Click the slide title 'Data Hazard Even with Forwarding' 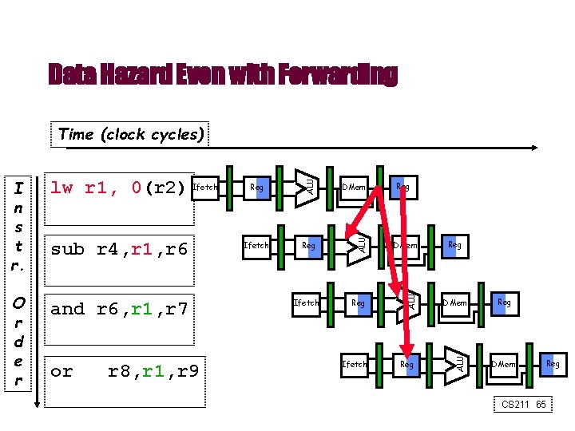222,74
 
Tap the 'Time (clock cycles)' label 132,134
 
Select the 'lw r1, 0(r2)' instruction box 118,188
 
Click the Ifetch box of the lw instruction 206,188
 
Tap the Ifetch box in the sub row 256,245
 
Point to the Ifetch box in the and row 306,302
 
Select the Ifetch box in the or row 355,364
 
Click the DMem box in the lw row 354,188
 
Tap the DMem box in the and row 456,302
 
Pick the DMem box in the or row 504,364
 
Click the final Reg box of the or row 552,364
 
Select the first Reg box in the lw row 256,188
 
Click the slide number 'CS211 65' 523,405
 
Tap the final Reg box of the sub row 454,245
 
